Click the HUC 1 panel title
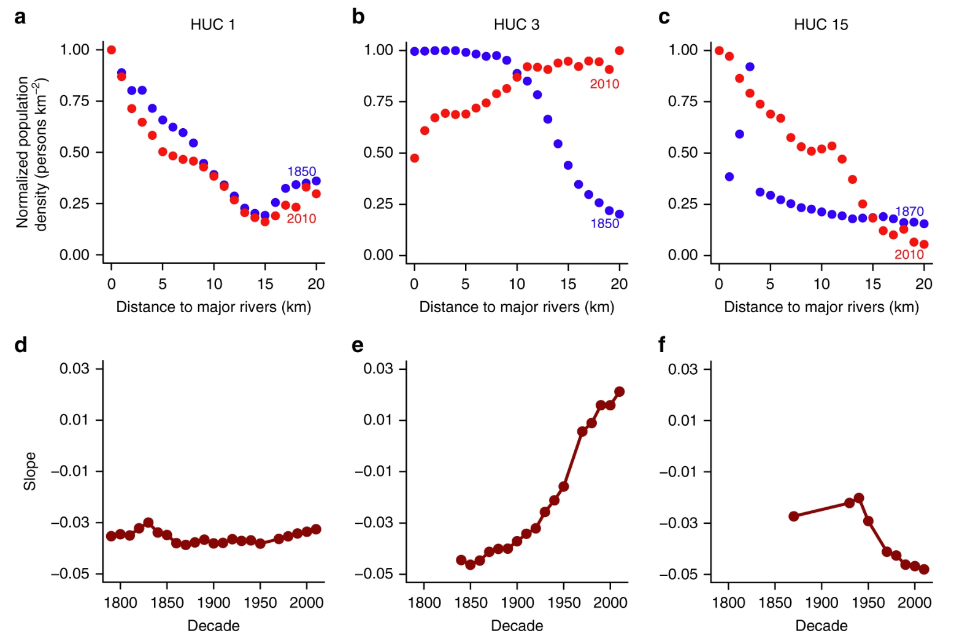tap(213, 25)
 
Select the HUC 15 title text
tap(821, 25)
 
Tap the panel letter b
tap(358, 17)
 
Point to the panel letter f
tap(661, 345)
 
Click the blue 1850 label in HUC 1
tap(302, 172)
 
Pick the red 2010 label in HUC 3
tap(604, 84)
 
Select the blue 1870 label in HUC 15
tap(909, 212)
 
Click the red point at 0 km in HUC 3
tap(415, 158)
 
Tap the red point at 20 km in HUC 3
tap(620, 51)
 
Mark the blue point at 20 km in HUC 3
tap(620, 214)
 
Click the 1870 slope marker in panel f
tap(794, 516)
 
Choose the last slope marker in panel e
tap(620, 391)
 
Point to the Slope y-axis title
tap(29, 471)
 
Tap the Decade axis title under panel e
tap(517, 626)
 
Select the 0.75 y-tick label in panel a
tap(74, 101)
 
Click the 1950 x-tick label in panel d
tap(260, 602)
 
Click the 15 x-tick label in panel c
tap(872, 284)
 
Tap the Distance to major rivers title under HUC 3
tap(517, 307)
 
